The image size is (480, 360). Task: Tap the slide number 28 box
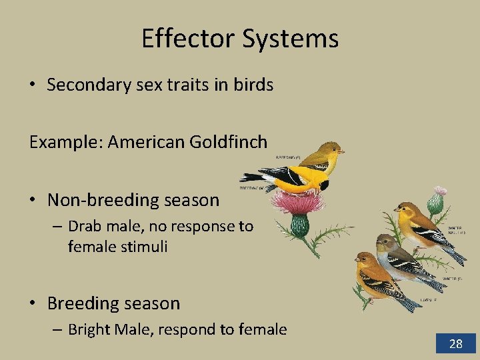click(456, 343)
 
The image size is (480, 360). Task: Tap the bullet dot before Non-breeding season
click(33, 200)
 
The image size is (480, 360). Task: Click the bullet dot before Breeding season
click(33, 303)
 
